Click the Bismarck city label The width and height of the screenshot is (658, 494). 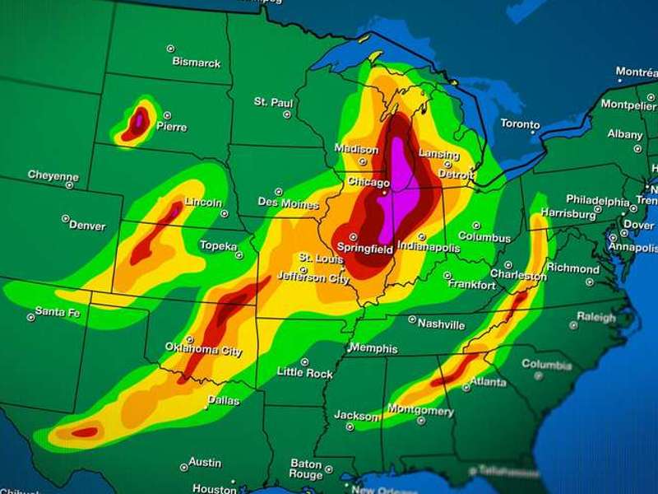coord(197,62)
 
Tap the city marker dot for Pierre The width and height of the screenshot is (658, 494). coord(167,115)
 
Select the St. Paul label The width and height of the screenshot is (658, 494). coord(273,102)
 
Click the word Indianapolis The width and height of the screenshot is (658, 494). coord(429,245)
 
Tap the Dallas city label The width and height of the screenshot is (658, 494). coord(223,400)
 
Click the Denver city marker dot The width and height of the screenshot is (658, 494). coord(65,219)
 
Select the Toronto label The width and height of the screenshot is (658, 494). coord(520,124)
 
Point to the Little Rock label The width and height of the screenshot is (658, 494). coord(304,373)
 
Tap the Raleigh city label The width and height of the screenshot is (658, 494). coord(595,317)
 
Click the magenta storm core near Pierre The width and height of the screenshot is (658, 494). coord(139,121)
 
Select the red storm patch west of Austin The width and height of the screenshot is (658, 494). coord(85,431)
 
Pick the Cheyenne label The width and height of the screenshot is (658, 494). coord(53,175)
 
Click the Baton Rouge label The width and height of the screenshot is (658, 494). coord(306,469)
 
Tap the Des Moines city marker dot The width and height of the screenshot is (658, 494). coord(278,191)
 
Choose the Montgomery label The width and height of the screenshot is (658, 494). coord(419,411)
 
